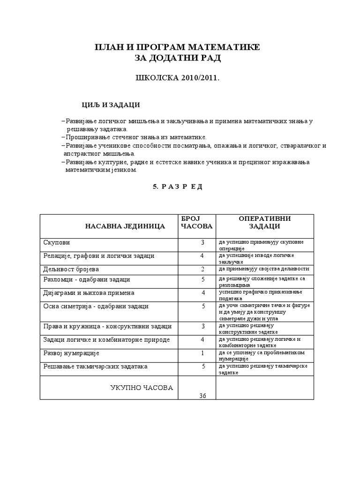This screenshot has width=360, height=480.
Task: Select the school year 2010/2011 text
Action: pyautogui.click(x=178, y=77)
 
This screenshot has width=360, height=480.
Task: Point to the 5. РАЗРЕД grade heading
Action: pyautogui.click(x=178, y=186)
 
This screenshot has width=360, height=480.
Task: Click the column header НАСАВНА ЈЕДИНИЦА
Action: pyautogui.click(x=125, y=226)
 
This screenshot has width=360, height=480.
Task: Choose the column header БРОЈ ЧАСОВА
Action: pyautogui.click(x=196, y=223)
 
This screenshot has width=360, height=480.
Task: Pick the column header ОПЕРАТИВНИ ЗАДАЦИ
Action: pyautogui.click(x=264, y=223)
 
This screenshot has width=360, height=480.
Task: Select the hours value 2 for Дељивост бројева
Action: pyautogui.click(x=203, y=269)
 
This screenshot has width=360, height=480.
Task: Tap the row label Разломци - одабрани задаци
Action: pyautogui.click(x=87, y=279)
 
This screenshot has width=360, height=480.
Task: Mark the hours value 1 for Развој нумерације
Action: pyautogui.click(x=203, y=353)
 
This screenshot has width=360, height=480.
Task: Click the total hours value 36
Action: pyautogui.click(x=202, y=396)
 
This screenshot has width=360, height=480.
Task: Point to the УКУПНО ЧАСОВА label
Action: pyautogui.click(x=142, y=388)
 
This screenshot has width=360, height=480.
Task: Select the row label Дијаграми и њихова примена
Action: pyautogui.click(x=89, y=292)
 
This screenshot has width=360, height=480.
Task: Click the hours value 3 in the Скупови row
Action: pyautogui.click(x=203, y=243)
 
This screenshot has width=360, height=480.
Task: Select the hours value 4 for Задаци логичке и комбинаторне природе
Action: pyautogui.click(x=203, y=339)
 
